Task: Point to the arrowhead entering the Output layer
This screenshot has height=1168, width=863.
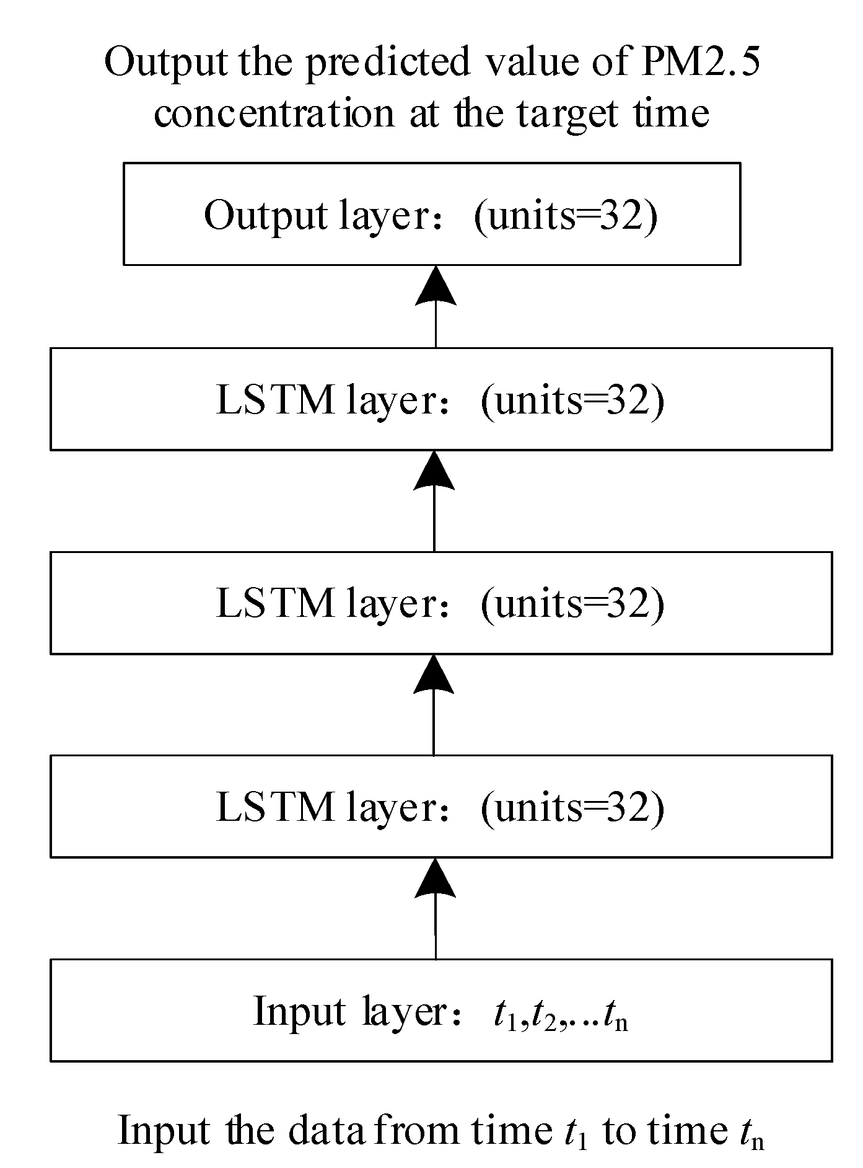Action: point(436,286)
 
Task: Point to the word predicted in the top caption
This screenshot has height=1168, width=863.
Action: point(388,64)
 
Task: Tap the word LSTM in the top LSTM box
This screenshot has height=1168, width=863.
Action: point(275,400)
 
